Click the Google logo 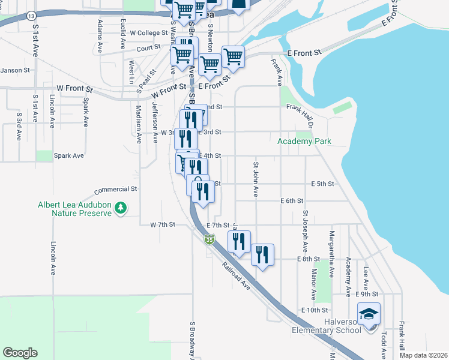coord(20,353)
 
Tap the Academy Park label coord(304,141)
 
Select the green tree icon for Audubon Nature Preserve coord(121,208)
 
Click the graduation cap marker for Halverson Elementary coord(369,314)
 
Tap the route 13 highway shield coord(31,15)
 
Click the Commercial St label coord(116,188)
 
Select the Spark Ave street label coord(69,155)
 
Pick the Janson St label coord(15,70)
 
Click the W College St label coord(148,32)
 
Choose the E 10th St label coord(315,310)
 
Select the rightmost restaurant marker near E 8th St coord(262,255)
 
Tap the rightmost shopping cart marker coord(233,57)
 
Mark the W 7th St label coord(162,224)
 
